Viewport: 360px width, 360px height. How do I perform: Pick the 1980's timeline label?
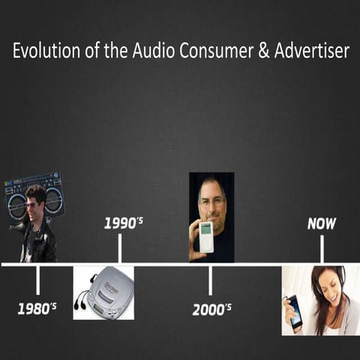(x=37, y=308)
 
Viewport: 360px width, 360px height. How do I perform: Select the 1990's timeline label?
(x=124, y=223)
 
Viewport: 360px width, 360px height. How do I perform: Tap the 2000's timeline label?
(x=212, y=309)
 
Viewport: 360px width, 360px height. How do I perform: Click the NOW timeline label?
(x=322, y=223)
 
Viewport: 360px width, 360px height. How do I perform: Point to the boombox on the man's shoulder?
(x=34, y=192)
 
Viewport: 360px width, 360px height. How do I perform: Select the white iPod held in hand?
(x=205, y=236)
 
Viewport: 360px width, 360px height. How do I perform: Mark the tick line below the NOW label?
(x=322, y=249)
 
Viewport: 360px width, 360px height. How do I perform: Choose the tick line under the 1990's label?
(x=119, y=249)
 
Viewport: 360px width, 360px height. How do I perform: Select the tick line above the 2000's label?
(x=210, y=280)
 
